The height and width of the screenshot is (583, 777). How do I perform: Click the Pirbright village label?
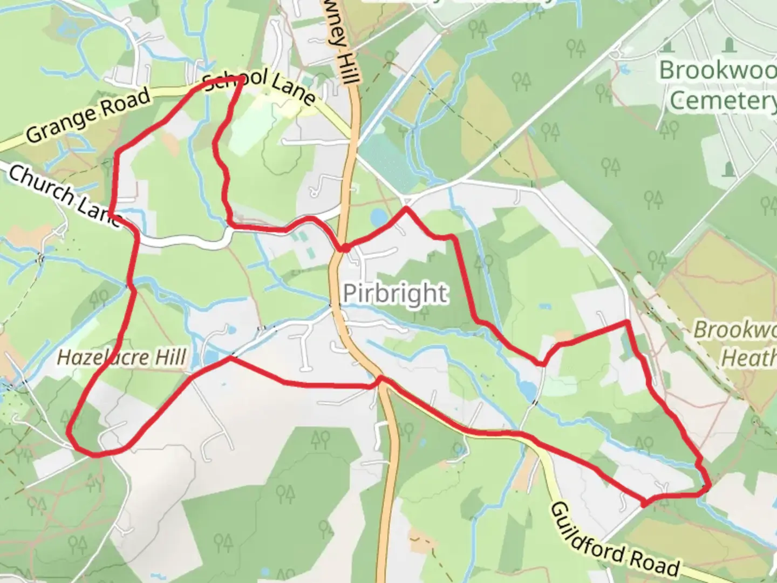(x=395, y=294)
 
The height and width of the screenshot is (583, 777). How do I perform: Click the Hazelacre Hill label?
(x=122, y=358)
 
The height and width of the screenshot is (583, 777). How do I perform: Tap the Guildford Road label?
(x=615, y=540)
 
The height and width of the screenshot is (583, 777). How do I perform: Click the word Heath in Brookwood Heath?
(x=749, y=358)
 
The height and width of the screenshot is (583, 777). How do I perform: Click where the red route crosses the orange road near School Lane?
(x=343, y=248)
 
